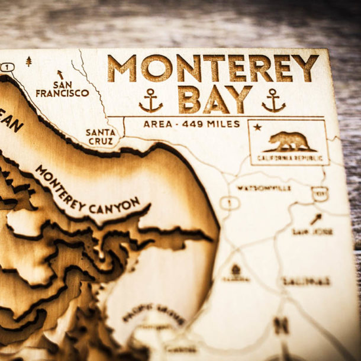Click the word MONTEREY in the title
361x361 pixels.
tap(212, 68)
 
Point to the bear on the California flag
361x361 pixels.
tap(289, 142)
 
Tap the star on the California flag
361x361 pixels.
tap(257, 127)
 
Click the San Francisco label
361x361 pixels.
tap(62, 89)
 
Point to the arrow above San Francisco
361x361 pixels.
tap(59, 75)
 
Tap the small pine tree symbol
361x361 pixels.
tap(28, 61)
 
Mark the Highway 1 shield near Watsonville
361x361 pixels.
tap(229, 203)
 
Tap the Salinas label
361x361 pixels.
tap(306, 281)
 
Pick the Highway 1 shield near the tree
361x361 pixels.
tap(7, 67)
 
